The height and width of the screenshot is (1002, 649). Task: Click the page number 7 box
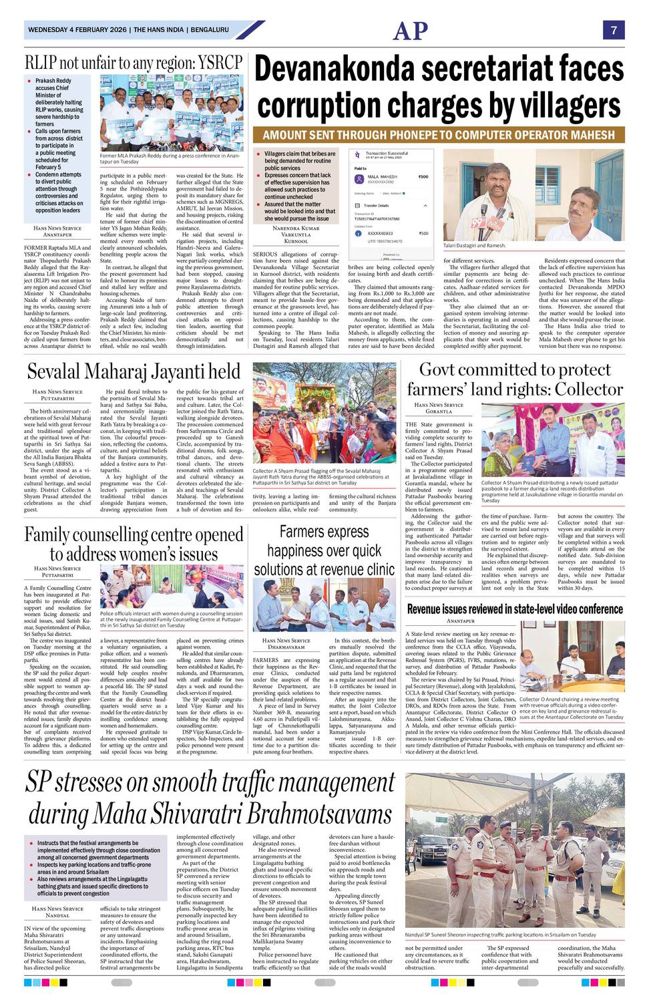point(614,30)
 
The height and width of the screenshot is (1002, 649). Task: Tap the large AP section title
point(410,31)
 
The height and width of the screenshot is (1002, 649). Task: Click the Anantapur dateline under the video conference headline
point(460,621)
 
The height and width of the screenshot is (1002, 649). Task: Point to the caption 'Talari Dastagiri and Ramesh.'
point(474,246)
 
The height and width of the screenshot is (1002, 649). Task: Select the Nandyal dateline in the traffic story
point(57,915)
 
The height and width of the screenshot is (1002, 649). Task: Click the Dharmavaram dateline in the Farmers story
point(286,647)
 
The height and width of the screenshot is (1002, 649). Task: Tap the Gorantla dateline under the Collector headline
point(439,411)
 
